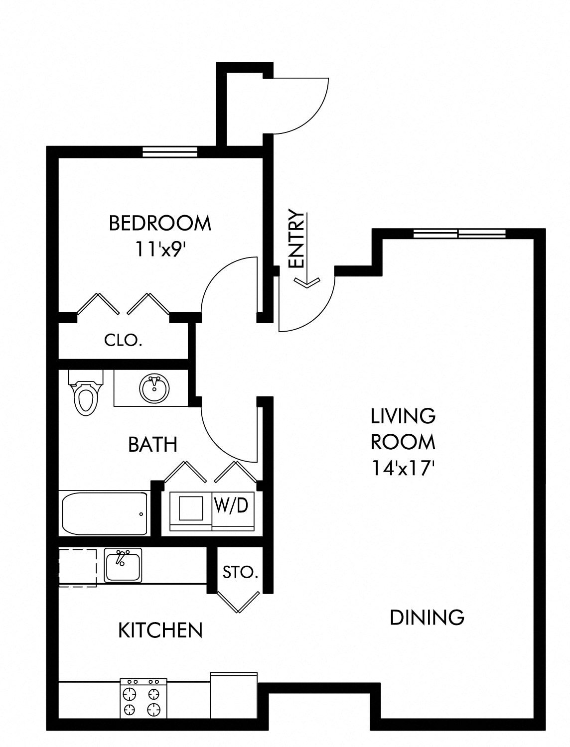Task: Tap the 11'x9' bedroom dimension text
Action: point(161,249)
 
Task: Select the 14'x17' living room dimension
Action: point(404,468)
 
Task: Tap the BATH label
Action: point(153,444)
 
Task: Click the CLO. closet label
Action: point(123,340)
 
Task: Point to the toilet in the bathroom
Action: point(86,392)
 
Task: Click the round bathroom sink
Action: point(154,388)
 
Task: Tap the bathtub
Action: point(105,513)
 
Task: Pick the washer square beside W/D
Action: point(191,508)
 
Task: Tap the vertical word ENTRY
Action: point(296,238)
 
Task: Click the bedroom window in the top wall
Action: point(169,152)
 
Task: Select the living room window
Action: point(460,234)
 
